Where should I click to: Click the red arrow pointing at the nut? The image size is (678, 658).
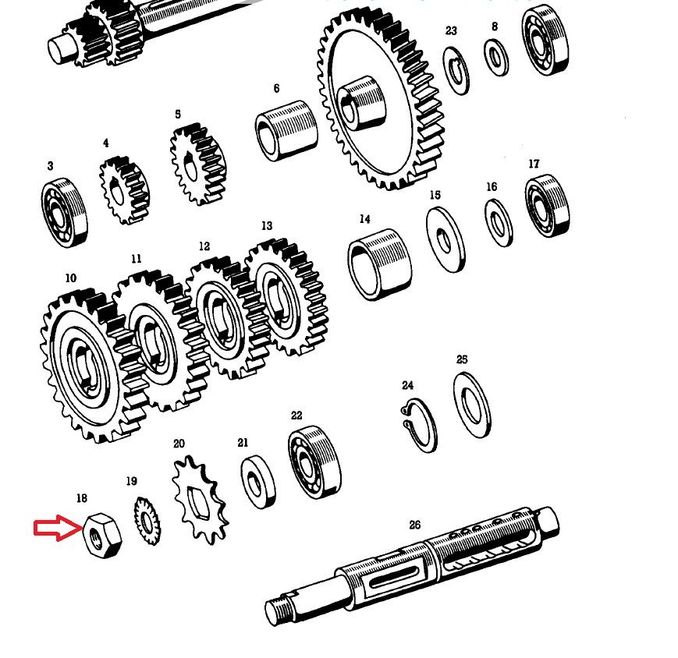58,528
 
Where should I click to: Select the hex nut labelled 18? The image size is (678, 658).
102,536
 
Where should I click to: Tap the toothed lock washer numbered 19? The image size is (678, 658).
147,521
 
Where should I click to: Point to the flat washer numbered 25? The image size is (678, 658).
472,405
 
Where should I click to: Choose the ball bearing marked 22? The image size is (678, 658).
314,462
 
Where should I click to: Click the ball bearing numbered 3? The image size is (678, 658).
65,214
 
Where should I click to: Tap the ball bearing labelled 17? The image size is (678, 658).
547,206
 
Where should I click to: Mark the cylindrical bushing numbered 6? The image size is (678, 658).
286,131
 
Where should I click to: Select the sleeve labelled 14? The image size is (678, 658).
380,264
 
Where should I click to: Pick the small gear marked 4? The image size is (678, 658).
125,190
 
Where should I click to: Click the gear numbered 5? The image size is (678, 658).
198,164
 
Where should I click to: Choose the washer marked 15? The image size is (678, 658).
445,240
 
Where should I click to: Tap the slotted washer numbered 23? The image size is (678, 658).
456,71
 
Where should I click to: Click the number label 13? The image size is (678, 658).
267,226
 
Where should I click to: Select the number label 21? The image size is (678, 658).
243,442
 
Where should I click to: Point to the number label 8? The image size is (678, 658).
495,27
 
